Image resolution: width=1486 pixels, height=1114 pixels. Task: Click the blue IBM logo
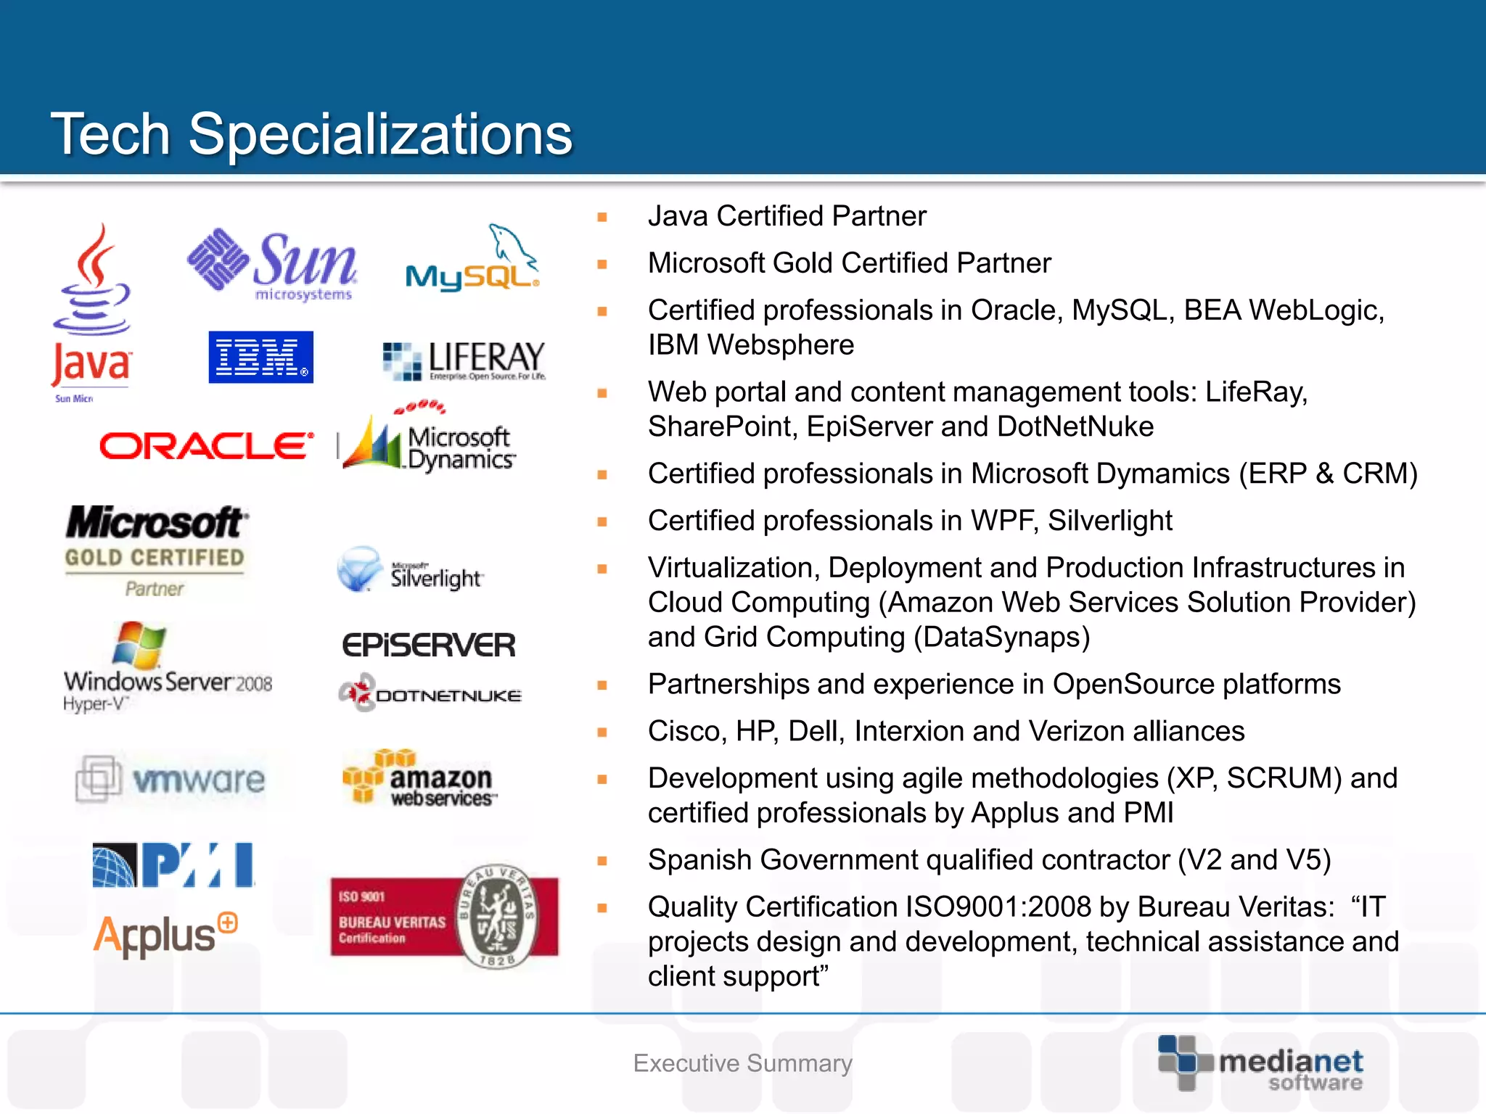click(x=260, y=357)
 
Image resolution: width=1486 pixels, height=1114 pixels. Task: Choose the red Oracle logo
click(x=207, y=446)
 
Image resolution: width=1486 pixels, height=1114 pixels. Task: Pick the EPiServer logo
click(x=429, y=645)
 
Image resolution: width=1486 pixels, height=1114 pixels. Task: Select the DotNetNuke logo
click(x=430, y=694)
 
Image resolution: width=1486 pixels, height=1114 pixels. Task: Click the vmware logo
click(x=171, y=780)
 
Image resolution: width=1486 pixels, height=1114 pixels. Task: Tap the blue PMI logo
click(x=173, y=865)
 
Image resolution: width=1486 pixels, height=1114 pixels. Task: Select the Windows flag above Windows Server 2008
click(x=139, y=644)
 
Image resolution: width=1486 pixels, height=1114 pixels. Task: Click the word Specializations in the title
click(x=380, y=134)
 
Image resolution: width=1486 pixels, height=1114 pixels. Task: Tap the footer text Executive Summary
click(x=742, y=1063)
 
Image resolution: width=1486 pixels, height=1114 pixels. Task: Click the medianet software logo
click(x=1260, y=1064)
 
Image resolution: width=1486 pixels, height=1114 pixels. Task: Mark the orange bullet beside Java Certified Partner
click(x=602, y=217)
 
